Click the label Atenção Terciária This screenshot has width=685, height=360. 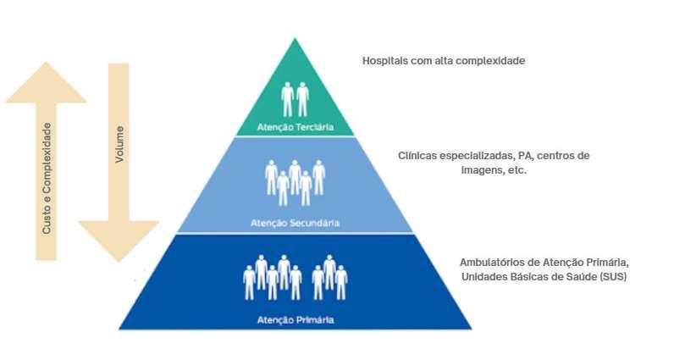point(296,128)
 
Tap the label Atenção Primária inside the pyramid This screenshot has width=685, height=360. point(296,320)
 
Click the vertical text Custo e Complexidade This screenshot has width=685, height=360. point(47,179)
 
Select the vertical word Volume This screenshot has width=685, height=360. point(119,144)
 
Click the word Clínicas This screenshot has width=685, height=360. point(418,156)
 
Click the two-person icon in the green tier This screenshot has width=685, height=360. point(296,98)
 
